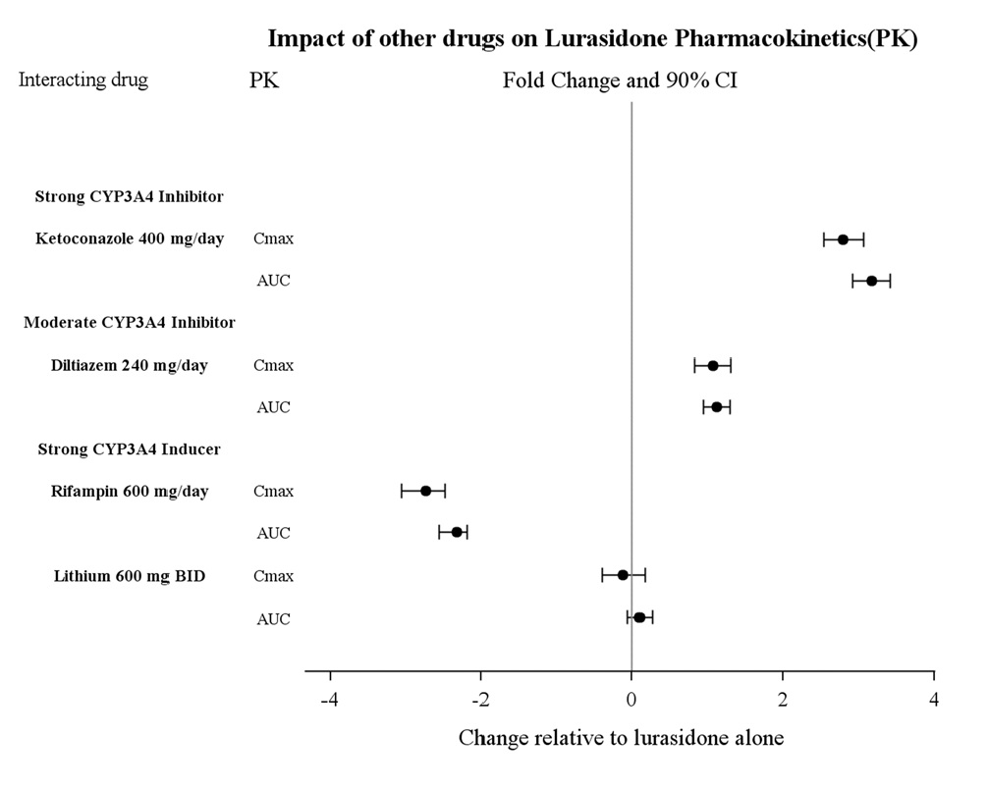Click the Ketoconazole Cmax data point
point(843,239)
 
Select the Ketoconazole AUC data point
point(871,281)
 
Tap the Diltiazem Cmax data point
point(713,366)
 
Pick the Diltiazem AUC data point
point(716,407)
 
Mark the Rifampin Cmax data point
point(425,491)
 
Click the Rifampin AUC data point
point(457,532)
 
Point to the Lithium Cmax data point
point(623,575)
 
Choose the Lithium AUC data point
point(639,617)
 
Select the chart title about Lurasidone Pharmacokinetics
point(592,40)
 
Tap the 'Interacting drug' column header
point(83,80)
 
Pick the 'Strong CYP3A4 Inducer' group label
point(129,449)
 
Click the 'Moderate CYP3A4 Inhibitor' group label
point(129,323)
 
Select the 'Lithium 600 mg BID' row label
point(129,576)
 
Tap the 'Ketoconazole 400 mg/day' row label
point(129,239)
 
